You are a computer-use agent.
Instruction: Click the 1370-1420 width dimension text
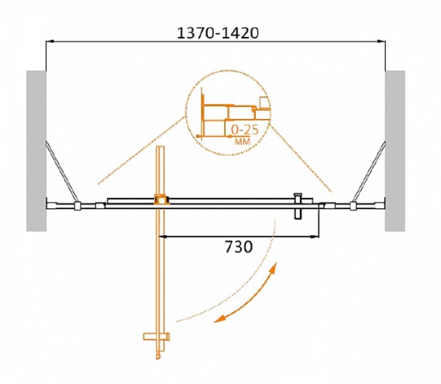[217, 33]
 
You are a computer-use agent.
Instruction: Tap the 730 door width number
[238, 247]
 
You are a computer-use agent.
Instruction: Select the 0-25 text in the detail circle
[245, 130]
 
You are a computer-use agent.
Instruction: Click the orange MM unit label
[242, 142]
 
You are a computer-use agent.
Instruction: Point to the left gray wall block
[36, 151]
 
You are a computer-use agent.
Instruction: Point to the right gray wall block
[395, 151]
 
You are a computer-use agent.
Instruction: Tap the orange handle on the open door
[156, 336]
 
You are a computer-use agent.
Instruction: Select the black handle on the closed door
[298, 206]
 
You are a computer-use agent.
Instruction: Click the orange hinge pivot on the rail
[161, 199]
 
